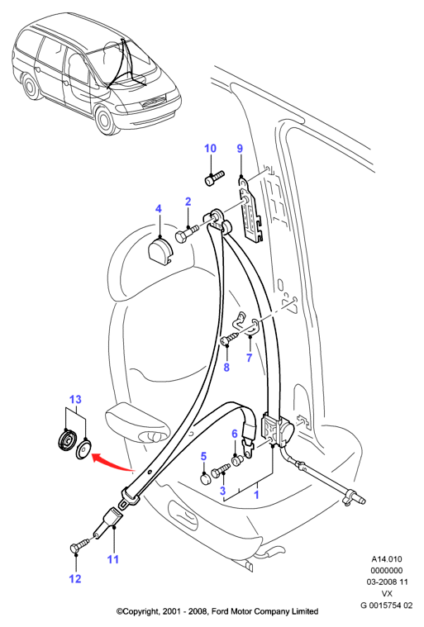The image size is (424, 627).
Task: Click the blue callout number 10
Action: [x=210, y=149]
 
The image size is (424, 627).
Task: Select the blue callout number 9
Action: [x=240, y=149]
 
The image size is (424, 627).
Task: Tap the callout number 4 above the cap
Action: [x=159, y=209]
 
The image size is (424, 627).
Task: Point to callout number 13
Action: [x=75, y=400]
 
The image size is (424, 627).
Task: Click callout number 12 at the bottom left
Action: [x=75, y=578]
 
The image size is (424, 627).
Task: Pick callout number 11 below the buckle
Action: [x=113, y=558]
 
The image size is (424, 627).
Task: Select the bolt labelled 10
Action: [x=215, y=178]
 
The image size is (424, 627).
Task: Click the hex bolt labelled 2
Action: [x=187, y=235]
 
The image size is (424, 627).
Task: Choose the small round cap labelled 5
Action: [x=205, y=478]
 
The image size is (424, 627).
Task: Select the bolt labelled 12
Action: [x=79, y=545]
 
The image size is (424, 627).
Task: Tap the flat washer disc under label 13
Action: [x=83, y=449]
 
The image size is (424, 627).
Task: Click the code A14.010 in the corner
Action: [x=387, y=559]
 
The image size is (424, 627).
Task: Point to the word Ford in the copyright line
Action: [x=219, y=611]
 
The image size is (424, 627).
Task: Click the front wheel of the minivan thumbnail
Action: [x=106, y=120]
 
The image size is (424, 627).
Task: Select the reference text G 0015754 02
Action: [x=387, y=606]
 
